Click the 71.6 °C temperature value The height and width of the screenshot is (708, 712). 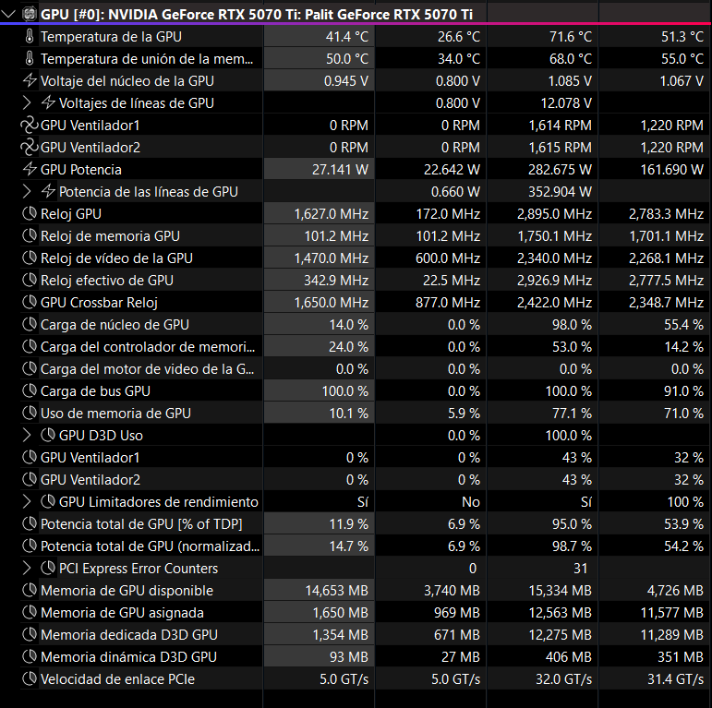point(571,37)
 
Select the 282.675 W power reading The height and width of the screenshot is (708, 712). point(560,170)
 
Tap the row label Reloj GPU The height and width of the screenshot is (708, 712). point(71,214)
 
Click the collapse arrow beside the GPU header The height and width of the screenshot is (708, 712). point(8,14)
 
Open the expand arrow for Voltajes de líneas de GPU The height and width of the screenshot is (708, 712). point(27,103)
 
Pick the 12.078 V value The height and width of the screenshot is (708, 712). point(566,103)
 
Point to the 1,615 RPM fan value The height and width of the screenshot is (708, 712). point(560,148)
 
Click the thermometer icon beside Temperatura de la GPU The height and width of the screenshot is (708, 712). point(30,37)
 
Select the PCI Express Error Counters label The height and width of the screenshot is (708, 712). point(139,569)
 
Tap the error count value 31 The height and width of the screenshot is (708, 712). point(580,569)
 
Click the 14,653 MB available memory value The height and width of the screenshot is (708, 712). point(336,591)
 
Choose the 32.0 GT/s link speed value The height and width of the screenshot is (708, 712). point(563,679)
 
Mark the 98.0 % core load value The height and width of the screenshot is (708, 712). point(572,325)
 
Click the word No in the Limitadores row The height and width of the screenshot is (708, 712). point(471,502)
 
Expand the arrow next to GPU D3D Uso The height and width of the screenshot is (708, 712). point(27,436)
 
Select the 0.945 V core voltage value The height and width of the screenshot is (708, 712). point(346,81)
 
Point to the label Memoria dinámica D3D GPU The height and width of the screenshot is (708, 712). point(129,656)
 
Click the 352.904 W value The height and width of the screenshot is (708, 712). point(560,192)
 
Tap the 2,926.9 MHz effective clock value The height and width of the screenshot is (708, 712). point(554,281)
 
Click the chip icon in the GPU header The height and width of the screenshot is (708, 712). point(30,14)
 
